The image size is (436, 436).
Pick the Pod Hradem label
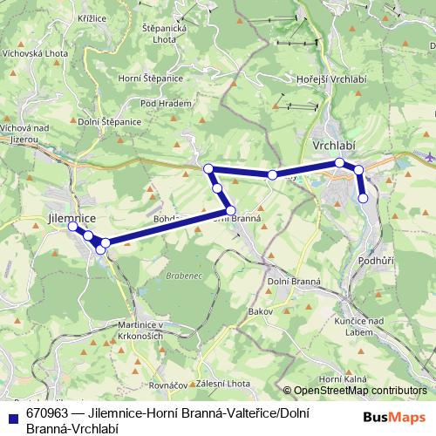pos(160,103)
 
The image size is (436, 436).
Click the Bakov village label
pos(261,311)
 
